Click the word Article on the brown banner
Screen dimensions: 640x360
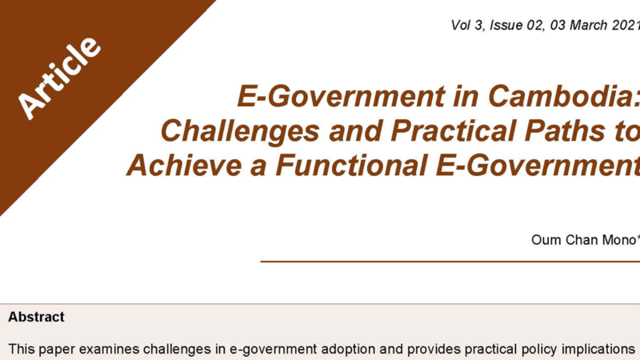pyautogui.click(x=59, y=78)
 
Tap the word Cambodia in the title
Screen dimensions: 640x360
pyautogui.click(x=564, y=96)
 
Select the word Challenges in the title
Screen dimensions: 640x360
pyautogui.click(x=240, y=130)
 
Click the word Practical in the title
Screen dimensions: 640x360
pyautogui.click(x=453, y=130)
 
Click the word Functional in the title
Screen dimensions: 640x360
pyautogui.click(x=351, y=165)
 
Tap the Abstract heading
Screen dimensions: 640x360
pyautogui.click(x=36, y=317)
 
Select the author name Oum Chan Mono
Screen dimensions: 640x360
pyautogui.click(x=584, y=239)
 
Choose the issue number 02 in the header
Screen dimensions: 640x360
pyautogui.click(x=534, y=26)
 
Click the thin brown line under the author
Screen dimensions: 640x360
pyautogui.click(x=450, y=262)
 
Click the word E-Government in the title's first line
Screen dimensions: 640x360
pyautogui.click(x=341, y=96)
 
